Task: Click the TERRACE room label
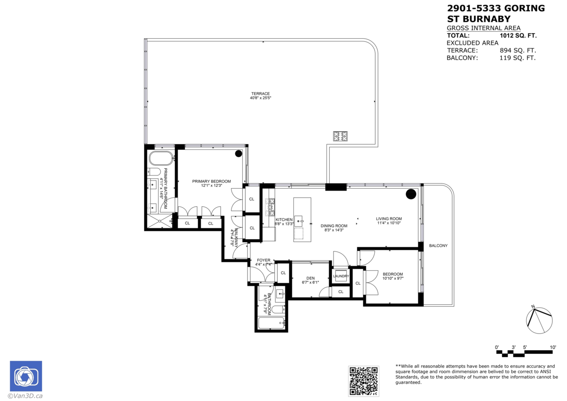pyautogui.click(x=260, y=93)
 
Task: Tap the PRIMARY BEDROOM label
pyautogui.click(x=211, y=182)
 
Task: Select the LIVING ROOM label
pyautogui.click(x=389, y=218)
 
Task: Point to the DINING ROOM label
pyautogui.click(x=334, y=226)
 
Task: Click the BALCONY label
pyautogui.click(x=438, y=246)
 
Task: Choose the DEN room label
pyautogui.click(x=310, y=278)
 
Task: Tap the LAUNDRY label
pyautogui.click(x=341, y=276)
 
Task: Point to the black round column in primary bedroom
pyautogui.click(x=239, y=153)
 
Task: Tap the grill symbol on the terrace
pyautogui.click(x=340, y=136)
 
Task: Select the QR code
pyautogui.click(x=363, y=381)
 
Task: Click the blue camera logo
pyautogui.click(x=26, y=376)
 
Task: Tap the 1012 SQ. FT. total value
pyautogui.click(x=518, y=35)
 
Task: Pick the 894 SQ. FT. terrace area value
pyautogui.click(x=518, y=50)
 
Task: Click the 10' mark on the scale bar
pyautogui.click(x=552, y=347)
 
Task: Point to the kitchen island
pyautogui.click(x=302, y=219)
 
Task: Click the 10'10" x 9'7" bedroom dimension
pyautogui.click(x=393, y=279)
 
